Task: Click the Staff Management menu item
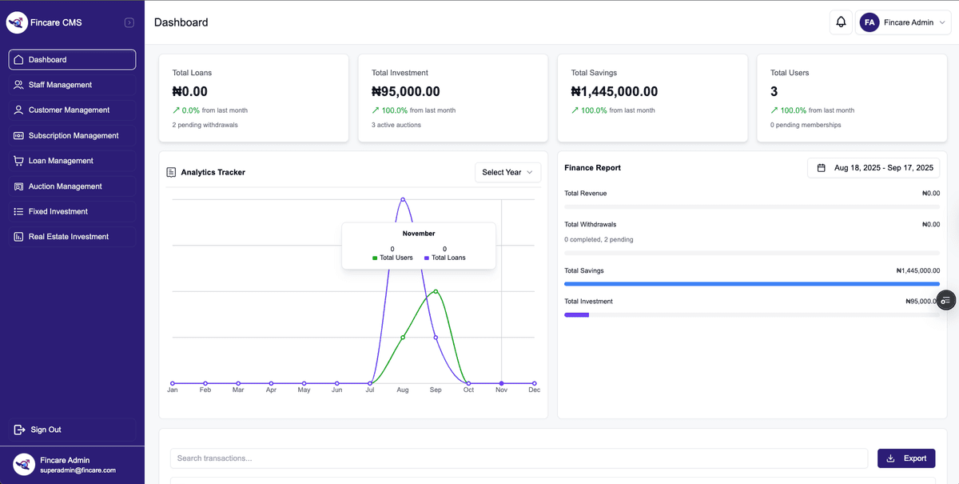[x=60, y=85]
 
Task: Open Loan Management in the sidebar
[x=61, y=161]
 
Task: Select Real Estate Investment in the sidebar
[x=68, y=237]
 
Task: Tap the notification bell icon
[x=841, y=22]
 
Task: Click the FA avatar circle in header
[x=869, y=22]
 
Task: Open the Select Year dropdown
[x=507, y=172]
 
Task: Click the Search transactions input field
[x=519, y=458]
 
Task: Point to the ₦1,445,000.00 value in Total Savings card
[x=615, y=92]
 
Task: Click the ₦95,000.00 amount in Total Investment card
[x=406, y=92]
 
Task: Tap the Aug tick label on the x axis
[x=403, y=390]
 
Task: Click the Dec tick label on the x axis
[x=534, y=390]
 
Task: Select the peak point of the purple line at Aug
[x=403, y=199]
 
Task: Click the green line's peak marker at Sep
[x=436, y=291]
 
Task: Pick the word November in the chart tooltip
[x=419, y=234]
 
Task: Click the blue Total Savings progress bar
[x=751, y=284]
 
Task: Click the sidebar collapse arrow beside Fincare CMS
[x=129, y=22]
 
